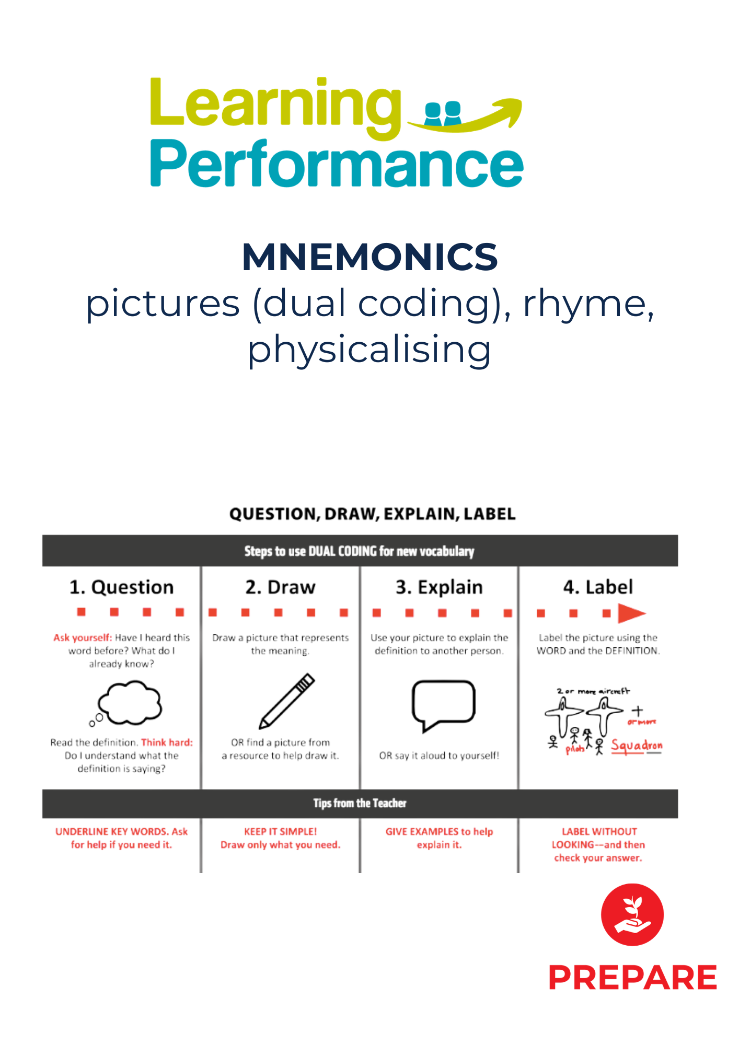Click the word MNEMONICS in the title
pos(369,257)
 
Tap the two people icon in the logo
pos(443,113)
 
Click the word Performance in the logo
pos(337,164)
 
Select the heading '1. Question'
pos(122,587)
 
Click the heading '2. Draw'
pos(281,587)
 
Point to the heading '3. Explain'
pos(439,587)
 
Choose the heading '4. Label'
pos(598,587)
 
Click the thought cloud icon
pos(128,703)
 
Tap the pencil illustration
pos(287,701)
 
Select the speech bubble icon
pos(443,703)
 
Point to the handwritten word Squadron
pos(637,745)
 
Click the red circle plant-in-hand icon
pos(632,914)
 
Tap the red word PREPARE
pos(632,978)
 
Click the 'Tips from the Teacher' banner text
pos(360,803)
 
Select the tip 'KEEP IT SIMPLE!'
pos(281,831)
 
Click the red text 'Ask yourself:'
pos(83,637)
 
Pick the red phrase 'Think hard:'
pos(167,742)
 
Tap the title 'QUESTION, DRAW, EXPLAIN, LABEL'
pos(372,514)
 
